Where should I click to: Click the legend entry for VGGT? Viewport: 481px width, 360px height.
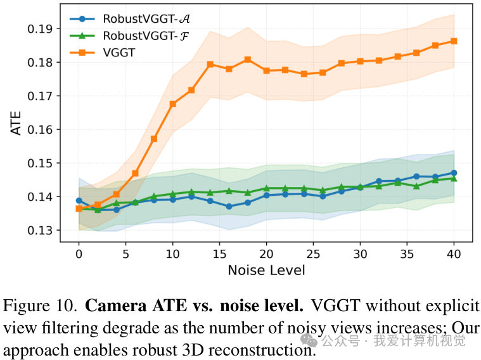point(119,53)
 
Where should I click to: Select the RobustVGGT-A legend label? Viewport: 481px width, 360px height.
point(146,19)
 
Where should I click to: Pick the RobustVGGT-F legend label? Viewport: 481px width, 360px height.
point(146,36)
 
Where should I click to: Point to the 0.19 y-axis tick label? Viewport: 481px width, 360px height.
point(40,29)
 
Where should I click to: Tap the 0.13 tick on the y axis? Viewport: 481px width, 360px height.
point(40,230)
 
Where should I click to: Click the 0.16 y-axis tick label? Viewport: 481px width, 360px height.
point(40,129)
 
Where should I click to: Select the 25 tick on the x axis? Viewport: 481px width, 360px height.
point(313,254)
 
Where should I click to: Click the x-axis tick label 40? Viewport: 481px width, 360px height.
point(454,254)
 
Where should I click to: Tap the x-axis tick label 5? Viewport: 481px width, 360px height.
point(125,254)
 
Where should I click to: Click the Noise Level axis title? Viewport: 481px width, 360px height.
point(266,271)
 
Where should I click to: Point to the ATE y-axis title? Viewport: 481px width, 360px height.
point(16,123)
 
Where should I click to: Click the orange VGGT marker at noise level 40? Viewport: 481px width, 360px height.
point(454,41)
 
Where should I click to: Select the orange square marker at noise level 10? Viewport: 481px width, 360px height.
point(173,104)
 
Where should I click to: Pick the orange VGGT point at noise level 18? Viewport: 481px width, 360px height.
point(248,60)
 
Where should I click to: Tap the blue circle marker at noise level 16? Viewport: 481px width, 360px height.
point(229,207)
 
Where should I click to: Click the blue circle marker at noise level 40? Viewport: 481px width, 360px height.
point(454,173)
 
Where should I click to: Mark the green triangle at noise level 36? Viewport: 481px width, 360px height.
point(416,186)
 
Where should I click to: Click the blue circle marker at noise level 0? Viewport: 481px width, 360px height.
point(79,201)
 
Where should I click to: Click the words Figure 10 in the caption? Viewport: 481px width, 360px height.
point(40,306)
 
